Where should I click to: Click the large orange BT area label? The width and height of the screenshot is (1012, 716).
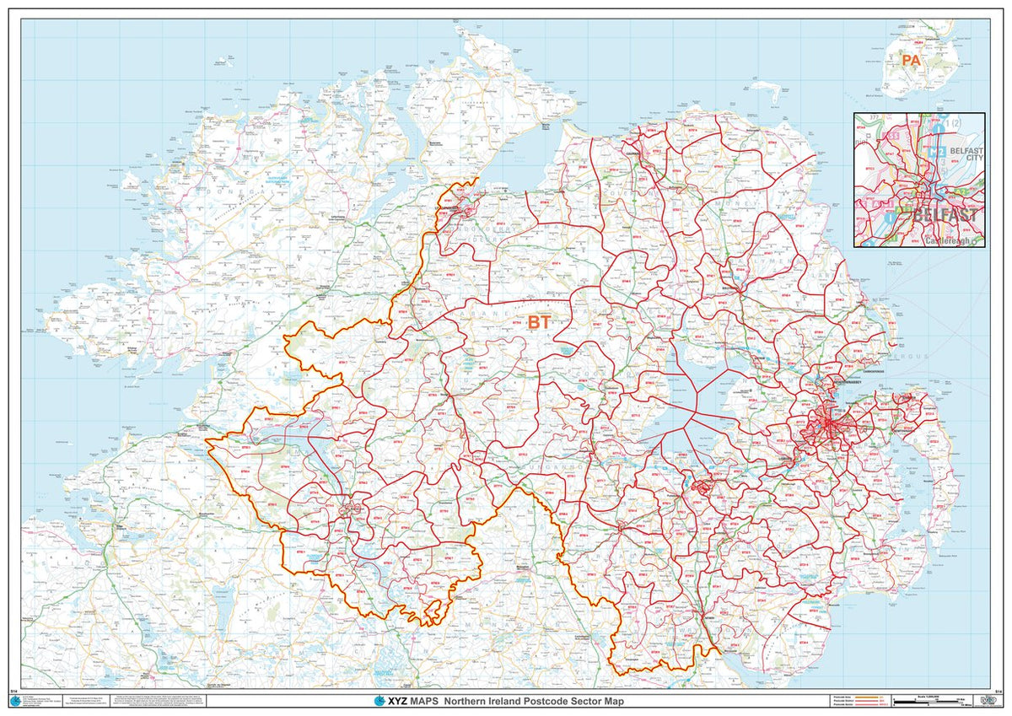[x=539, y=321]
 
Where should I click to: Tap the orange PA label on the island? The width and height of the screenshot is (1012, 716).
[x=910, y=61]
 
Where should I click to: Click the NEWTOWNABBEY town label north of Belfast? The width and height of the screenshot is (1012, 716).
[x=852, y=382]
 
